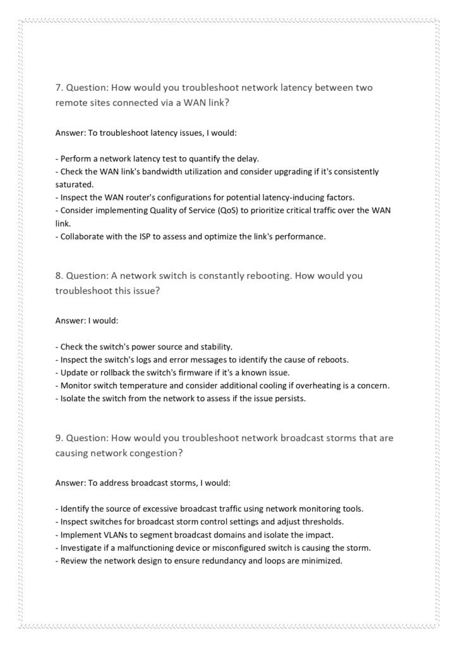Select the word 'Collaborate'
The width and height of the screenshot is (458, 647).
[84, 236]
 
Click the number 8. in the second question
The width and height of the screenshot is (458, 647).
[59, 275]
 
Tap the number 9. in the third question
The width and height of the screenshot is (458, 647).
[59, 437]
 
